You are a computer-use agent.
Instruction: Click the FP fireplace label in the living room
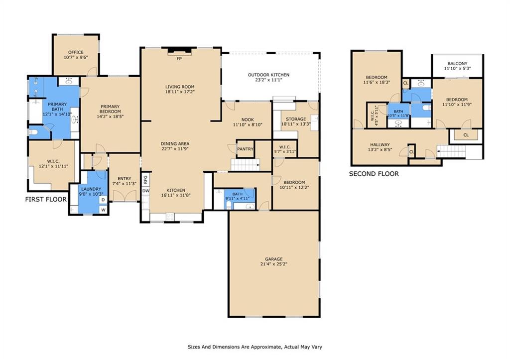tap(179, 59)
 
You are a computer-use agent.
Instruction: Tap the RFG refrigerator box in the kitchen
tap(146, 179)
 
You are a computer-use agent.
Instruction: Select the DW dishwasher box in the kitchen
tap(146, 191)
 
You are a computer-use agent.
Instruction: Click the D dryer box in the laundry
tap(103, 200)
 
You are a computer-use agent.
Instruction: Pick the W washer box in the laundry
tap(103, 210)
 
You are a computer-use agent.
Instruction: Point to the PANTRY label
tap(245, 149)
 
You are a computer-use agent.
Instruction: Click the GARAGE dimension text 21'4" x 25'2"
tap(273, 264)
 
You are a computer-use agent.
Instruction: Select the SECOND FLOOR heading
tap(374, 174)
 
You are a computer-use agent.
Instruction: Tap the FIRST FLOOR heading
tap(46, 199)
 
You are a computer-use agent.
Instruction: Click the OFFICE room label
tap(76, 52)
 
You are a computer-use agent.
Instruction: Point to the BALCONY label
tap(457, 63)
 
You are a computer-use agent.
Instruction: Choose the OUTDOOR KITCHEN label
tap(268, 75)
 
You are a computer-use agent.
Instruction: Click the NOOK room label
tap(248, 120)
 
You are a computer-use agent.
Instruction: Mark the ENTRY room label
tap(124, 179)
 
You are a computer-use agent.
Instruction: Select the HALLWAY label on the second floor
tap(380, 145)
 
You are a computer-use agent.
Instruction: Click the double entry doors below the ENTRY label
tap(124, 196)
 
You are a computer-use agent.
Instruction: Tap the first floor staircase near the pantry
tap(245, 165)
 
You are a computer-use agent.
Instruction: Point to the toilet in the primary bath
tap(33, 132)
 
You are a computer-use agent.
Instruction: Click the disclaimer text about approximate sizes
tap(255, 347)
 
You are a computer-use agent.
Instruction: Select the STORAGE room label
tap(296, 119)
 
